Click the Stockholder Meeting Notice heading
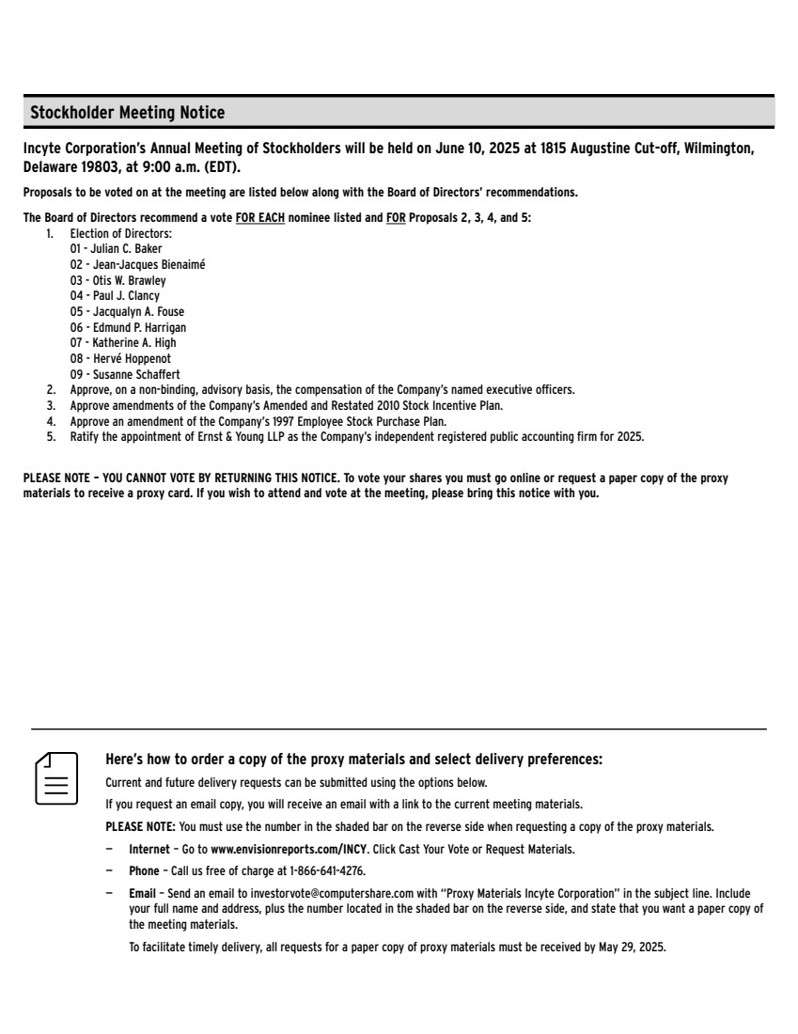(128, 113)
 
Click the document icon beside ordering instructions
(56, 777)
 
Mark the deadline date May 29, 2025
(632, 948)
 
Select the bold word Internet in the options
(149, 850)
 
